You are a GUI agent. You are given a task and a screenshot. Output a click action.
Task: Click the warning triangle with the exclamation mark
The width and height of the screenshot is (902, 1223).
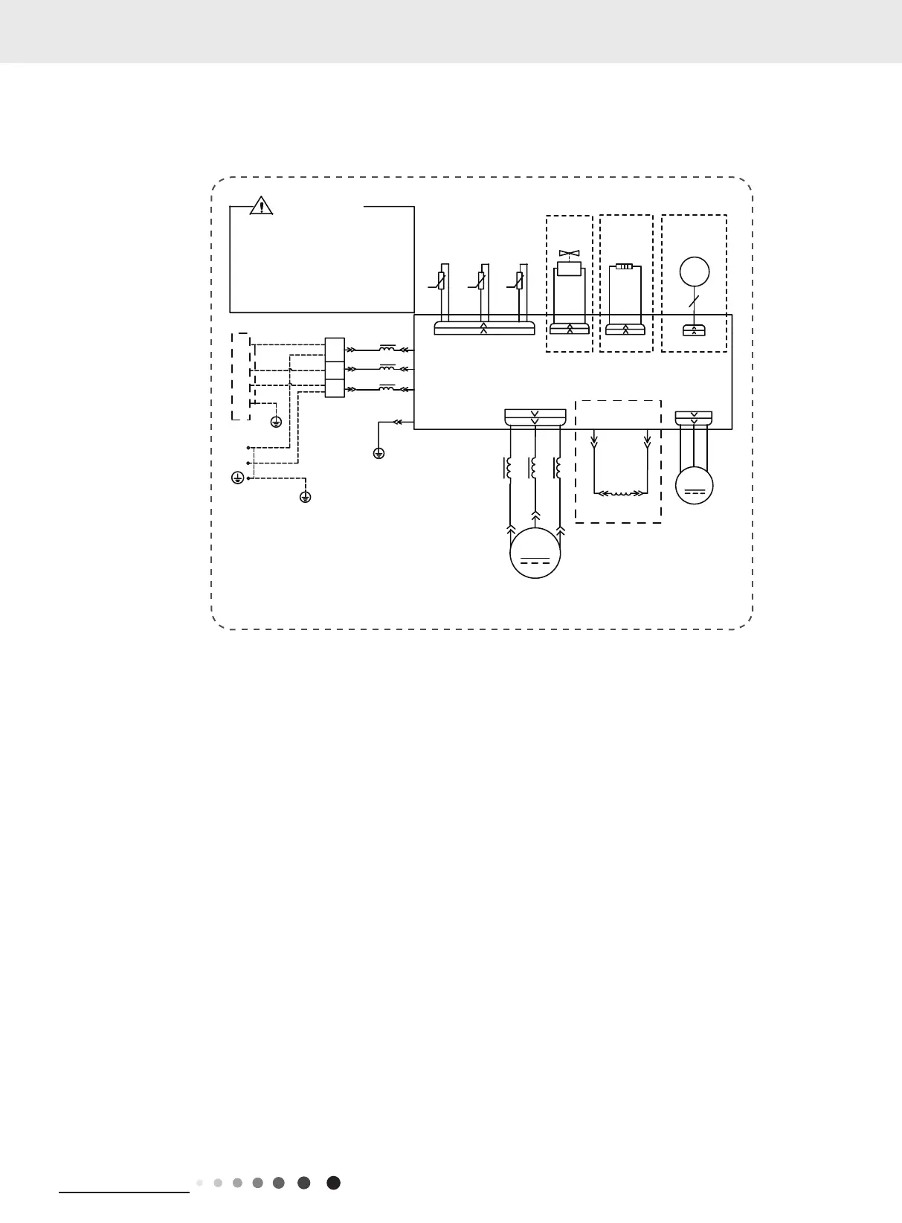262,205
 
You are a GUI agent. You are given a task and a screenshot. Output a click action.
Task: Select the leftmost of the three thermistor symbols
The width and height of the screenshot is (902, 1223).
441,281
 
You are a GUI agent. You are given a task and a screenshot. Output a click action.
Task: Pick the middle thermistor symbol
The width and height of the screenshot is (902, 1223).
481,281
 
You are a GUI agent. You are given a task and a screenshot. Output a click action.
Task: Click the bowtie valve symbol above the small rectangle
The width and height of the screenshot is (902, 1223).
569,254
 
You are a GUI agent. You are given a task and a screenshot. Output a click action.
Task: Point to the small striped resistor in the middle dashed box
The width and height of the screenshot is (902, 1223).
625,266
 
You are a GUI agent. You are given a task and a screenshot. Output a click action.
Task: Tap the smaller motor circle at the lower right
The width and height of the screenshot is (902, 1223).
694,485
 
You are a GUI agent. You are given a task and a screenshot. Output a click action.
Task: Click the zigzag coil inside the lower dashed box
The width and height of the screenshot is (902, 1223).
621,493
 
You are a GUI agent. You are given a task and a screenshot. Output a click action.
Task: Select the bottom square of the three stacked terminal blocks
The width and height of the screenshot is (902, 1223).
335,388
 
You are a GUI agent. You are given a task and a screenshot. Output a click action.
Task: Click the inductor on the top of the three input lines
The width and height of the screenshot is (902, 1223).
387,348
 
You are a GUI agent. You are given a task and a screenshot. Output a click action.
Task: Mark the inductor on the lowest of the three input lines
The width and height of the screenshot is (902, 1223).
387,388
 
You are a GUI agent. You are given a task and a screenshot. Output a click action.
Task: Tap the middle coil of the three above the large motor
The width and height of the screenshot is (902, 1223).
533,469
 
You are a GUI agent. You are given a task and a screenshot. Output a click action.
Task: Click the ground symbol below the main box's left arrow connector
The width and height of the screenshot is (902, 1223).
378,452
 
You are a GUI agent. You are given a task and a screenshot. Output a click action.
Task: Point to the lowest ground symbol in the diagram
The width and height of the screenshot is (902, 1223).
305,496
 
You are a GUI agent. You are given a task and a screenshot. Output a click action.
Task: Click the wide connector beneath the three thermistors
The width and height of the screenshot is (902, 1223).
484,328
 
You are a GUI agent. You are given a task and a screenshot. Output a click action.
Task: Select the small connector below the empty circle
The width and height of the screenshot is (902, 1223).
694,330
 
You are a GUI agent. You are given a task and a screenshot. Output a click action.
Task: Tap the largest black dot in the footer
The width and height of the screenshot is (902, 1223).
334,1183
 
